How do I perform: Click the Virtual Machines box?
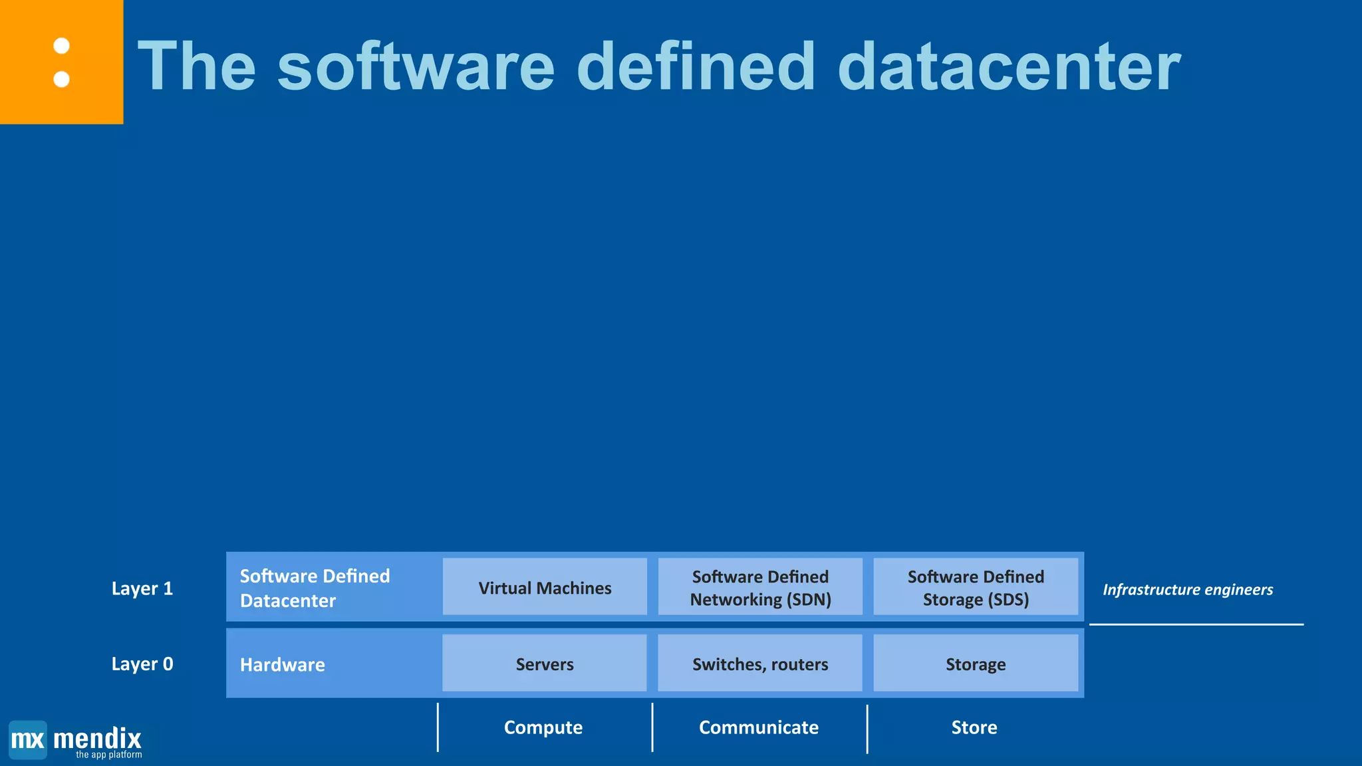pos(545,587)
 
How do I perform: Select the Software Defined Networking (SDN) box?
pos(760,587)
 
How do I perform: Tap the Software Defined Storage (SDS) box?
pos(976,587)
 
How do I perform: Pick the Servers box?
pos(545,664)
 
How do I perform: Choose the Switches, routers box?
pos(760,664)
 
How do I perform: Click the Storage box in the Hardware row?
pos(976,664)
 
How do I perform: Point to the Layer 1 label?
pos(142,588)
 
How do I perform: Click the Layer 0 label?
pos(142,664)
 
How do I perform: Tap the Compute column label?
pos(543,727)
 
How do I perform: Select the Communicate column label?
pos(759,727)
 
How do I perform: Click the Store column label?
pos(974,727)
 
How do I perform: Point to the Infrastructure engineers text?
pos(1188,589)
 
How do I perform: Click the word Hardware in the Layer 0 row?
pos(283,664)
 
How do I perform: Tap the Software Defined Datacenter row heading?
pos(315,588)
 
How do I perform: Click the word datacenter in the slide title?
pos(1009,66)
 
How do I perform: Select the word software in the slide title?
pos(416,66)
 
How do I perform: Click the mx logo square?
pos(28,739)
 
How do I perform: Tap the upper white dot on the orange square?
pos(62,46)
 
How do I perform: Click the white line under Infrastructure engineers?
pos(1196,624)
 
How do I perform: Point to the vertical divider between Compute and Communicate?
pos(652,727)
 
